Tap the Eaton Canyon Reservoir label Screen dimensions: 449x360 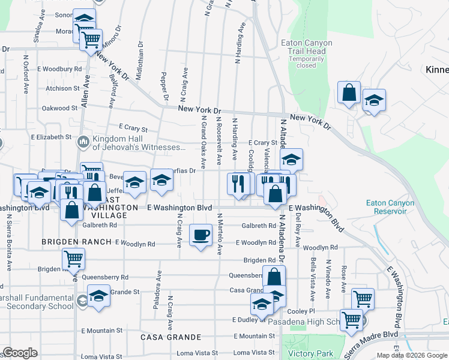point(390,207)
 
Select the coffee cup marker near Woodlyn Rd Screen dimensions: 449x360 point(201,235)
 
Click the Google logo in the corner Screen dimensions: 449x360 point(20,353)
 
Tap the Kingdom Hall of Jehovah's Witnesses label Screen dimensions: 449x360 point(139,143)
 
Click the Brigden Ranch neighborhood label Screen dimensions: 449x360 point(77,241)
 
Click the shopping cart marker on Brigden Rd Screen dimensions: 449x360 point(74,259)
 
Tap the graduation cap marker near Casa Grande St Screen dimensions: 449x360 point(98,296)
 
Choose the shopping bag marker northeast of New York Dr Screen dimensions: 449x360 point(349,93)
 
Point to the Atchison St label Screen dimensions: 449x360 point(62,88)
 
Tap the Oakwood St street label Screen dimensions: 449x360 point(59,109)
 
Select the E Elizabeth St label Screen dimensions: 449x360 point(51,137)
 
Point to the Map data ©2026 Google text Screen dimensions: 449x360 point(411,355)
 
